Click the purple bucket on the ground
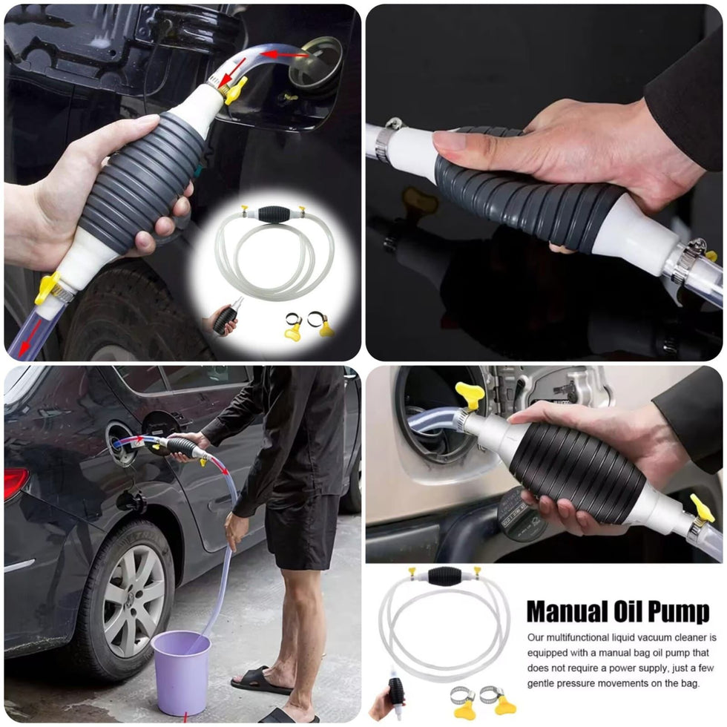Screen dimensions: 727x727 coord(181,672)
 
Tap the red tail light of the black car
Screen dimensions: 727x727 coord(16,483)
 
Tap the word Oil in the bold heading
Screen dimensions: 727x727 coord(627,611)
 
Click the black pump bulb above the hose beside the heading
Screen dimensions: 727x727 coord(444,576)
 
